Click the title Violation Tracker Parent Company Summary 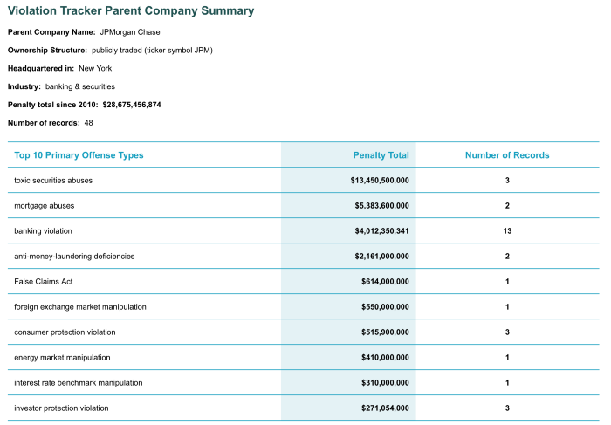tap(131, 10)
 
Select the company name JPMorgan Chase tap(130, 32)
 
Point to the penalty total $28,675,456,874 tap(132, 105)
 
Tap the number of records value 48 tap(88, 123)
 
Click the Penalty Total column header tap(381, 155)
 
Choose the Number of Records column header tap(507, 155)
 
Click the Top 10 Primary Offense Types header tap(79, 155)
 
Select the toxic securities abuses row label tap(53, 181)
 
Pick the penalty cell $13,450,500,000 tap(380, 181)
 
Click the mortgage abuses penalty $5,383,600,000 tap(382, 206)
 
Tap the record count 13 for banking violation tap(507, 231)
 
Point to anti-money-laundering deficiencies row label tap(74, 257)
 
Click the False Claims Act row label tap(44, 282)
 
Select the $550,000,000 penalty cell tap(386, 307)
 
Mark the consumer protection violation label tap(65, 332)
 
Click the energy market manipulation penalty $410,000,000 tap(386, 358)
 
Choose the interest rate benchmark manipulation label tap(79, 383)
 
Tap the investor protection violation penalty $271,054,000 tap(386, 408)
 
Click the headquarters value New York tap(95, 69)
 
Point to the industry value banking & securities tap(80, 86)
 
